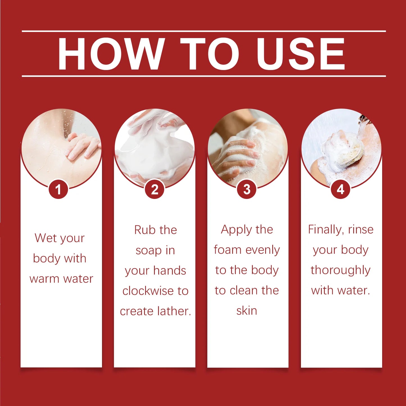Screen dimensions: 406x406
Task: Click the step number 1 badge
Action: [x=58, y=189]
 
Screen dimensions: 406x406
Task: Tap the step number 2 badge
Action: [x=155, y=189]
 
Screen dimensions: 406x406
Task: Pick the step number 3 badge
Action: [x=247, y=189]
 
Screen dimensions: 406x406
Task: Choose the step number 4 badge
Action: [x=340, y=189]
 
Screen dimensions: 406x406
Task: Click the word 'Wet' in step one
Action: [x=46, y=238]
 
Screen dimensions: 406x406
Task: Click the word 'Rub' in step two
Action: [x=144, y=230]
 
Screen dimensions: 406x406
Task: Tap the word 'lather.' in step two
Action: [x=174, y=311]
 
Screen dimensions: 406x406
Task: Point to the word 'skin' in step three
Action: [x=247, y=311]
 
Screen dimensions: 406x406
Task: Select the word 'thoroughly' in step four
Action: [x=341, y=270]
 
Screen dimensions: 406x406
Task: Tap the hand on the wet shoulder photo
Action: [x=83, y=146]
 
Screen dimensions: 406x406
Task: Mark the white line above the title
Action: [x=204, y=31]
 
